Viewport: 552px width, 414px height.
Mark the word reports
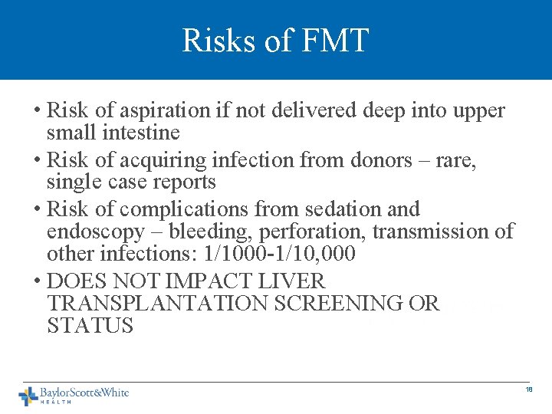[x=179, y=182]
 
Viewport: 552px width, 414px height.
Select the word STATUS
[x=90, y=326]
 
